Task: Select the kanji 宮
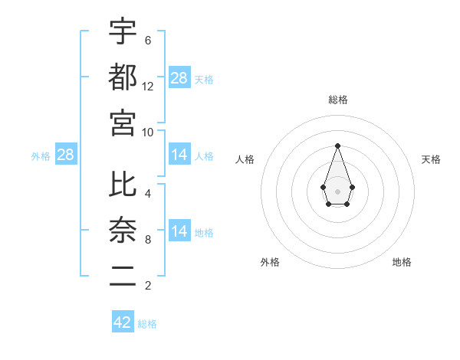pos(123,123)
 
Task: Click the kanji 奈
pos(123,231)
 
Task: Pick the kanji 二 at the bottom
pos(123,277)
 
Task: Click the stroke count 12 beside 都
pos(148,86)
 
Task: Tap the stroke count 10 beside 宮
pos(148,132)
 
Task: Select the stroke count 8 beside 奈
pos(148,240)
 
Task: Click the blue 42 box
pos(123,322)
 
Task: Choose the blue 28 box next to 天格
pos(179,77)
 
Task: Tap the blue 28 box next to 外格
pos(66,155)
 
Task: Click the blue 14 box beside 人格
pos(179,155)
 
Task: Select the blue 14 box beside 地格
pos(179,231)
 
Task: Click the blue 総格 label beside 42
pos(147,324)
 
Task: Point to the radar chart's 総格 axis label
pos(337,100)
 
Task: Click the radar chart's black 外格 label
pos(270,262)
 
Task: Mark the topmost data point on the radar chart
pos(337,146)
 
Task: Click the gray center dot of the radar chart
pos(337,190)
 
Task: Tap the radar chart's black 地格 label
pos(402,262)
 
